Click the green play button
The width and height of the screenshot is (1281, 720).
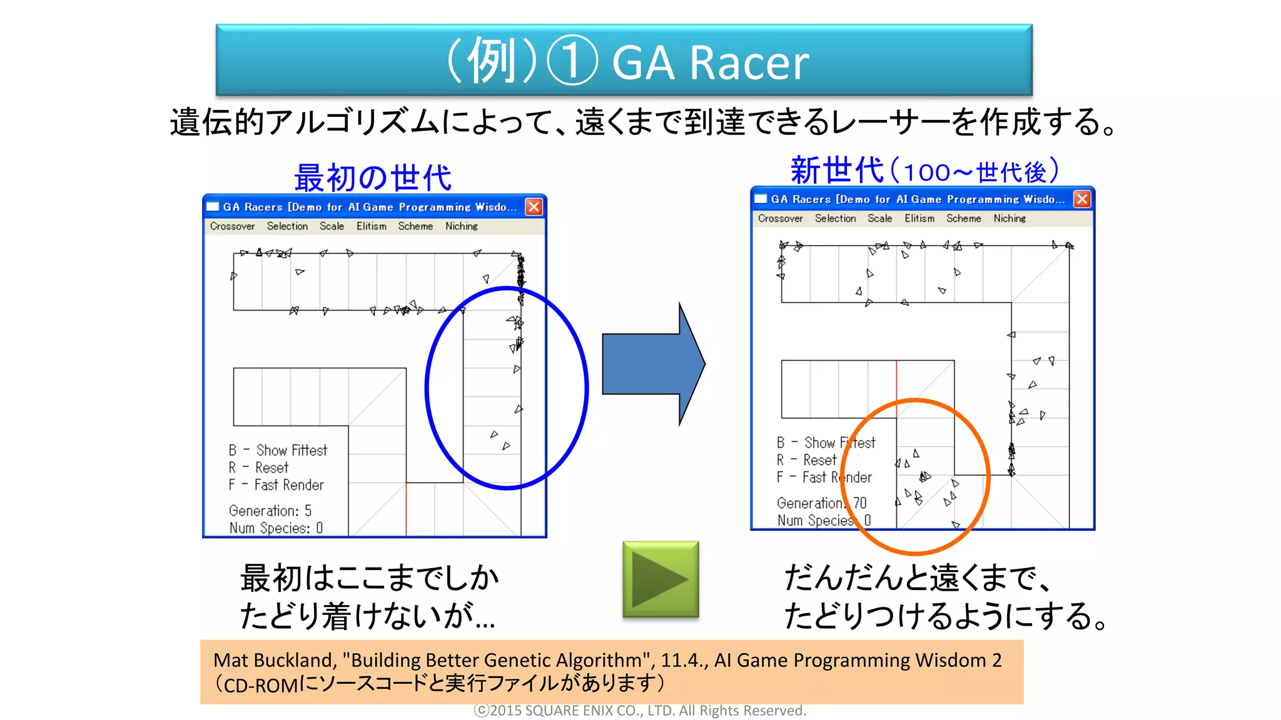tap(661, 579)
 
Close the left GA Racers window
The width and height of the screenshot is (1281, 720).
tap(534, 207)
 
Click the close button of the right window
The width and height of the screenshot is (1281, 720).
tap(1081, 199)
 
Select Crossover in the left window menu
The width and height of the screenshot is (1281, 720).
tap(232, 226)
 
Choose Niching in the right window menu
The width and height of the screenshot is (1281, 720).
tap(1009, 219)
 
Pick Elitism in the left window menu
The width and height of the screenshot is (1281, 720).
tap(371, 226)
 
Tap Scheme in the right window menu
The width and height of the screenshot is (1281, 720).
tap(963, 219)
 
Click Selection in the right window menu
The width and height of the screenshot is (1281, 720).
tap(835, 219)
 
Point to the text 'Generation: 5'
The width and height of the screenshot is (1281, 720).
tap(270, 511)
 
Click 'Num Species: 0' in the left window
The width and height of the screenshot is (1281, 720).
tap(276, 528)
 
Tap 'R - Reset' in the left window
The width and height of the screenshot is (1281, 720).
tap(258, 467)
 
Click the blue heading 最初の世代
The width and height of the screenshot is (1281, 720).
tap(373, 177)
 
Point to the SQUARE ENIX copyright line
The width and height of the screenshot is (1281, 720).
tap(640, 711)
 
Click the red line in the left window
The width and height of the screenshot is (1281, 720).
tap(406, 509)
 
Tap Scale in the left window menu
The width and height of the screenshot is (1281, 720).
tap(332, 226)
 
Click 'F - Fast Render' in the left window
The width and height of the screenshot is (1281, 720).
tap(276, 485)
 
